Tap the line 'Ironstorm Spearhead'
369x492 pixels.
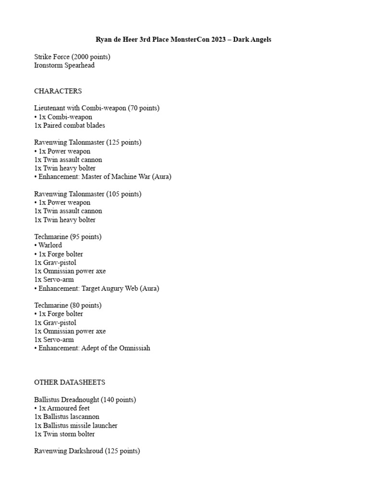[64, 65]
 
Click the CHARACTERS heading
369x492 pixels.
[58, 91]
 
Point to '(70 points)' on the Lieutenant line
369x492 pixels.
[144, 108]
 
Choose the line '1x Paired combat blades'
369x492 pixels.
[70, 125]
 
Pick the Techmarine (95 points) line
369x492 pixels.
[68, 236]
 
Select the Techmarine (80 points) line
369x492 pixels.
[68, 305]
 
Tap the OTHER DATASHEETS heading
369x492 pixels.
[70, 382]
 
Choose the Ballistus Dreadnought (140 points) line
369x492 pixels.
[85, 400]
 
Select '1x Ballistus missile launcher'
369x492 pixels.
[76, 425]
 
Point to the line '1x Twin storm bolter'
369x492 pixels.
[64, 434]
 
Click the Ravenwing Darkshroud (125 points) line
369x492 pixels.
[87, 451]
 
